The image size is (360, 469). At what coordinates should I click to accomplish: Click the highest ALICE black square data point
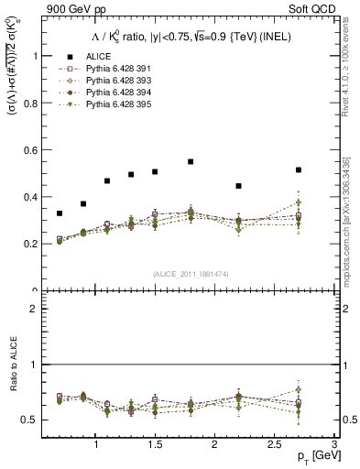(191, 161)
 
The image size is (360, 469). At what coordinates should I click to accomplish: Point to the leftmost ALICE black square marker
(60, 213)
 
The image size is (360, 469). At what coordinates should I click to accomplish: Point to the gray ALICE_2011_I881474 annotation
(190, 274)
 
